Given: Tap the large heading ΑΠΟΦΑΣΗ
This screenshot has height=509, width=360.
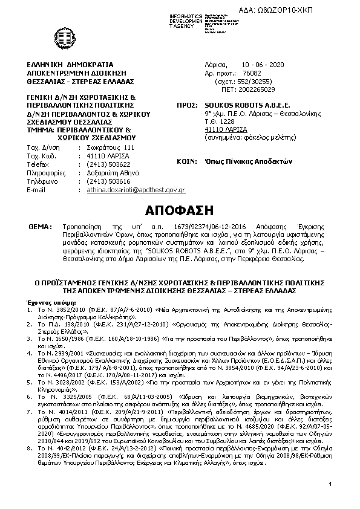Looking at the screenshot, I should coord(180,211).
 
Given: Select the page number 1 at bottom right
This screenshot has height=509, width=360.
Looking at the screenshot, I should coord(332,484).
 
